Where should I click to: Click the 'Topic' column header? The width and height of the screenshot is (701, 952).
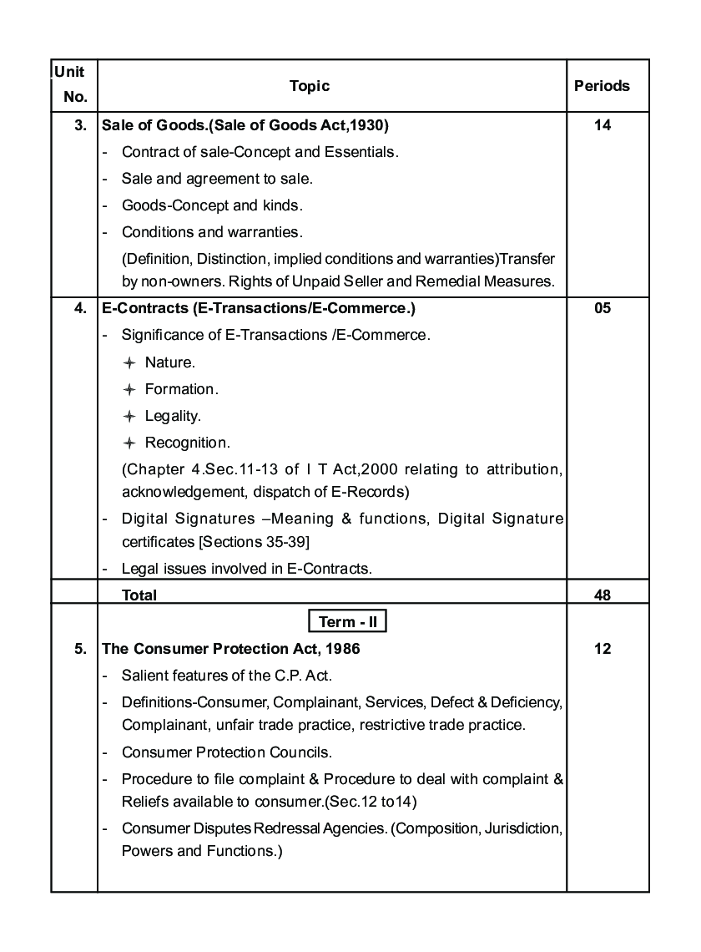[x=310, y=86]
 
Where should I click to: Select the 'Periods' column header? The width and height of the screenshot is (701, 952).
[x=602, y=86]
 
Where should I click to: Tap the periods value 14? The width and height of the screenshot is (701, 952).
[x=603, y=126]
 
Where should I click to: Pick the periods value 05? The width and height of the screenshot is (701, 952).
[x=603, y=308]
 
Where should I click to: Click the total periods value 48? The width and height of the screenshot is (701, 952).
[x=603, y=595]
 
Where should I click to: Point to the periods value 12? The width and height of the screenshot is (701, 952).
[x=603, y=649]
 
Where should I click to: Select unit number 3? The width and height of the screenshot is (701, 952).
[x=81, y=126]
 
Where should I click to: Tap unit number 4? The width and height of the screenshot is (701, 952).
[x=81, y=308]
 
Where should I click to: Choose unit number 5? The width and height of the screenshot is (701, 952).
[x=81, y=649]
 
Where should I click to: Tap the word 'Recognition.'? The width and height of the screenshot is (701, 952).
[x=188, y=443]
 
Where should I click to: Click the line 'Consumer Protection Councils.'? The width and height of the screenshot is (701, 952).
[x=227, y=752]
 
